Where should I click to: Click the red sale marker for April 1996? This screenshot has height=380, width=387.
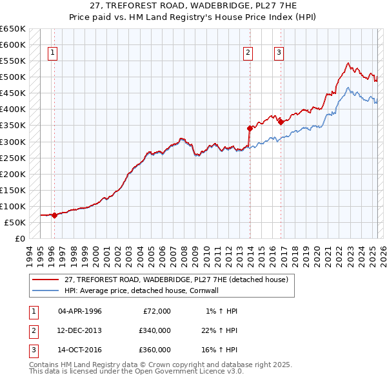coord(55,215)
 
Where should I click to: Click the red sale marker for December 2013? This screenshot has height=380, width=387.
coord(250,128)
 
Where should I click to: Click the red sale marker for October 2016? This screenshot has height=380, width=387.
coord(281,122)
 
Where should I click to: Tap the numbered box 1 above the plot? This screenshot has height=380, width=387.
coord(52,53)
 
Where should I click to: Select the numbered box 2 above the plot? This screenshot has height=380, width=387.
coord(248,53)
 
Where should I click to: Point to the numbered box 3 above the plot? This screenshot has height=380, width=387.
coord(279,53)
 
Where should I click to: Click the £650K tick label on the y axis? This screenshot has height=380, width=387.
coord(13,29)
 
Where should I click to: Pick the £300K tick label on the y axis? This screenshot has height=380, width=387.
coord(13,142)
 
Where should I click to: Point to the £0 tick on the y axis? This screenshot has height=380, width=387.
coord(20,238)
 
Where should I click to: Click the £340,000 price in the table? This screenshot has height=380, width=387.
coord(155,330)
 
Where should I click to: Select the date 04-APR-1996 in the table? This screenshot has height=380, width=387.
coord(80,311)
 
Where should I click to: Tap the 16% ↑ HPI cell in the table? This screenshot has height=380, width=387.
coord(219,350)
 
